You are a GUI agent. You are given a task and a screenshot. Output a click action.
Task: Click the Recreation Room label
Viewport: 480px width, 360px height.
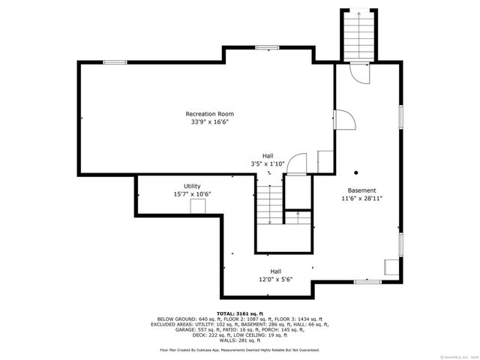pos(205,114)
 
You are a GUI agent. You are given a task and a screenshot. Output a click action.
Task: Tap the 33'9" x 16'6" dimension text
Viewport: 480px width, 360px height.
pos(205,121)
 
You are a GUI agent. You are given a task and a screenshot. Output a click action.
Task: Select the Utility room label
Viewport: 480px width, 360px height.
pos(192,186)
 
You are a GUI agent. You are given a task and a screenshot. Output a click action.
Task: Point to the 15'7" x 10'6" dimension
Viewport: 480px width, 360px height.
pos(192,194)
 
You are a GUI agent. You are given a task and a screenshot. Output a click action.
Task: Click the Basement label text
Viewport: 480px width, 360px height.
pos(361,190)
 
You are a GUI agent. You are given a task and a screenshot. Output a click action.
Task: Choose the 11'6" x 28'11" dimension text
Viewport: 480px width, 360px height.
pos(361,199)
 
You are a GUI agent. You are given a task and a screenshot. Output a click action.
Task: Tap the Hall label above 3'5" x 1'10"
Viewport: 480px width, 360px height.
pos(267,156)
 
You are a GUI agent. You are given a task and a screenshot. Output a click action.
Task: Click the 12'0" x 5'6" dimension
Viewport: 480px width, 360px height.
pos(276,280)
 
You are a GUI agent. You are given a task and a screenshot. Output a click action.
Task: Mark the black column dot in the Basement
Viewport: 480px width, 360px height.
pos(357,170)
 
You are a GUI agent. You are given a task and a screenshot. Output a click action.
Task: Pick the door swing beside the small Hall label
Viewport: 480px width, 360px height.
pos(298,163)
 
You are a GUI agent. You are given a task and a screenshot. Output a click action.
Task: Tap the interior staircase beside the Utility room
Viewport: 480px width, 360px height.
pos(270,203)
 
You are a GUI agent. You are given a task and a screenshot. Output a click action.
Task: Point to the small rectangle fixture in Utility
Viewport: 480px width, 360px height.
pos(197,207)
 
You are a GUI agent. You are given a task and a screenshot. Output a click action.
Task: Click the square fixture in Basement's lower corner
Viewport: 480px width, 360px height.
pos(391,267)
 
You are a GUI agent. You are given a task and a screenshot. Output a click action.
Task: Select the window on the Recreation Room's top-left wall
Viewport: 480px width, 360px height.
pos(114,62)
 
